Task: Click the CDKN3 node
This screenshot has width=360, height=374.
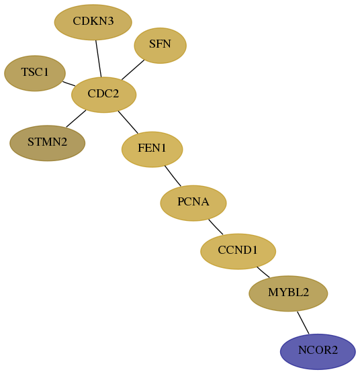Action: [93, 22]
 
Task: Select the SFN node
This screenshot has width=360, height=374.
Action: [160, 46]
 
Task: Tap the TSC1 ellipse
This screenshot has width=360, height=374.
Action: [35, 73]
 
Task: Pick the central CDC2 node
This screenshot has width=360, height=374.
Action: [104, 95]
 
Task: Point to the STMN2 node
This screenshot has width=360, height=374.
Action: [47, 143]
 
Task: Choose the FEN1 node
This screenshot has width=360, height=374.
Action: [152, 149]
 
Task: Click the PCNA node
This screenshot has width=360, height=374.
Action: [193, 203]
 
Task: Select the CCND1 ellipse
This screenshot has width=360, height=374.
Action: [238, 251]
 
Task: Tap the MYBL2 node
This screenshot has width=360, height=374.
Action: [288, 293]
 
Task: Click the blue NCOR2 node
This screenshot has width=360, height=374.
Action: [318, 352]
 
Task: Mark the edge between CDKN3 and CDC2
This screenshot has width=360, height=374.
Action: [99, 58]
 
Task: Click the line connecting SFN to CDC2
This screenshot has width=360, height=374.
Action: [133, 70]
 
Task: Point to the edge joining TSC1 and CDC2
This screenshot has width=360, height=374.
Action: [69, 84]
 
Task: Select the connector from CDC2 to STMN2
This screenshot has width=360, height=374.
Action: [76, 119]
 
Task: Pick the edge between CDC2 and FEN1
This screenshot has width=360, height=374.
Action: [128, 122]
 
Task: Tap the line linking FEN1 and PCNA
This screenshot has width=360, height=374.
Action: [173, 176]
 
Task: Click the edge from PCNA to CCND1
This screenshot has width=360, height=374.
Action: [216, 227]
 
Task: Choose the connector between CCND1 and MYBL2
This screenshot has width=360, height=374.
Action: [263, 272]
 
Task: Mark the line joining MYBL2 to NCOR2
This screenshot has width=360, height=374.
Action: [303, 323]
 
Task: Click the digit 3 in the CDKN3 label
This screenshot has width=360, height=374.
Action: [110, 21]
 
